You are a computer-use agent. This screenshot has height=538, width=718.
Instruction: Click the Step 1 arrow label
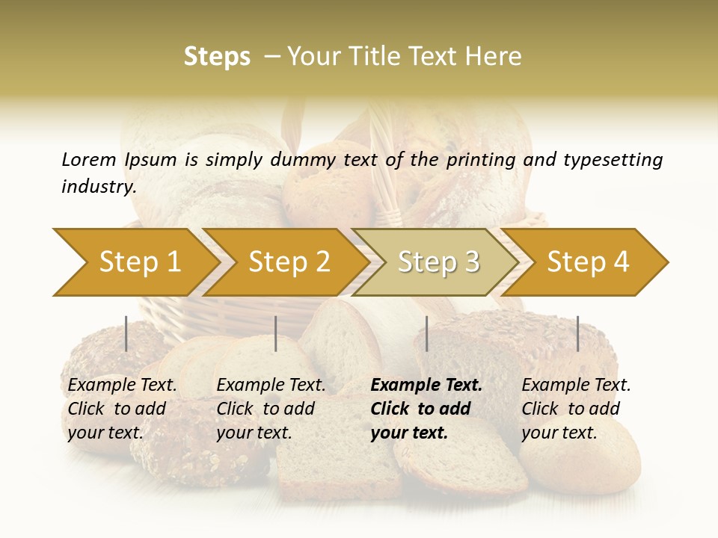[140, 262]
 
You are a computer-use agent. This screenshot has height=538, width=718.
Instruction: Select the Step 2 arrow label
[289, 262]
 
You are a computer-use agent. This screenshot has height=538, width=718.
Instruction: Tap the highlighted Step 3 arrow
[438, 262]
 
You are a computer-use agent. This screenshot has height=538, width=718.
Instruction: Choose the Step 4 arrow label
[588, 262]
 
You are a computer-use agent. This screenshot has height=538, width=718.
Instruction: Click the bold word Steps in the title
[217, 57]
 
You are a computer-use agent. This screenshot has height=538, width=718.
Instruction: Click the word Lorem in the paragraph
[89, 159]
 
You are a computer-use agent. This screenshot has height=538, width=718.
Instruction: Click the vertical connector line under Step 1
[126, 333]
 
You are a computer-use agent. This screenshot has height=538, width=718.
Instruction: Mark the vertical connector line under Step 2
[276, 333]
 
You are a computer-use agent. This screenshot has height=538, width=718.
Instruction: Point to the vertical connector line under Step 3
[426, 333]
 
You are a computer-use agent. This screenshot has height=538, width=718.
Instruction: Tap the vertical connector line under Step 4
[577, 333]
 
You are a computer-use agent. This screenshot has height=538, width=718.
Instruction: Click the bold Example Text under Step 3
[426, 386]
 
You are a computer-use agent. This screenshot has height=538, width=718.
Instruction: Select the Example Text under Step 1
[123, 386]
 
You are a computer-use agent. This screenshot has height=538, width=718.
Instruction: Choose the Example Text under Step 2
[271, 386]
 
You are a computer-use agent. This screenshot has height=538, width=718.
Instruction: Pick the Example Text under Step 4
[576, 386]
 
